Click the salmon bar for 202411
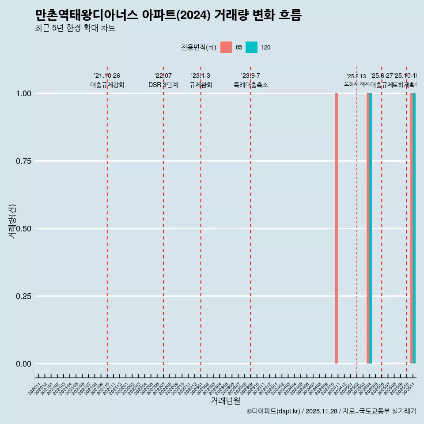337,228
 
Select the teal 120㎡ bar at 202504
371,228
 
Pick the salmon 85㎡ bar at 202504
368,228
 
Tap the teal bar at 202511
414,228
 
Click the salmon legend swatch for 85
226,47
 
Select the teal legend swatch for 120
251,47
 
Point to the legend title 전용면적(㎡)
198,47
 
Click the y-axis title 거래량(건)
12,221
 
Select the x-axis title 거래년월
225,401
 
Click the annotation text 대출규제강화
107,85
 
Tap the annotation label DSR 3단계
163,85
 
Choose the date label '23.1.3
201,76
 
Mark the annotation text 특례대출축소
251,85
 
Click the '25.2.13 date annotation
356,76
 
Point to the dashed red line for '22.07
163,221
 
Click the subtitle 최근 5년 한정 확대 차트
75,28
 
